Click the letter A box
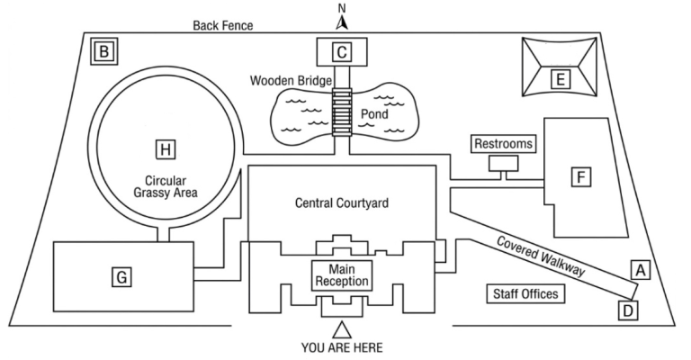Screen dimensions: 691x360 click(x=641, y=269)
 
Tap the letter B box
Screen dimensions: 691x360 click(x=104, y=51)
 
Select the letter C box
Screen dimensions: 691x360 click(x=342, y=52)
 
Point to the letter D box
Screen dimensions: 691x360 click(x=628, y=310)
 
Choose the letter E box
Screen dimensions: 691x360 click(x=561, y=79)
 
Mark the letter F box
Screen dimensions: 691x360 click(x=581, y=177)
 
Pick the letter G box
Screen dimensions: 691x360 click(x=121, y=277)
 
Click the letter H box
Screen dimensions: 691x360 click(x=166, y=149)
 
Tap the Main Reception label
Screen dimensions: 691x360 click(x=342, y=275)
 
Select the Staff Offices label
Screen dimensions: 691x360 click(x=525, y=294)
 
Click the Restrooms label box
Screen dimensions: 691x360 click(x=504, y=144)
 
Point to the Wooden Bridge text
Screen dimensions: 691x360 click(x=291, y=81)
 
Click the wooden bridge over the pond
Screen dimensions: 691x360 click(x=342, y=112)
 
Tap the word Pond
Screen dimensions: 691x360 click(x=374, y=114)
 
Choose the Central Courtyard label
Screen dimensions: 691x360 click(x=342, y=203)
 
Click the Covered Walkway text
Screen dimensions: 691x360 click(x=541, y=256)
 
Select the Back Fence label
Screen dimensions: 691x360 click(x=223, y=25)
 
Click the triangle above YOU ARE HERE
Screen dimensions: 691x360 click(x=342, y=330)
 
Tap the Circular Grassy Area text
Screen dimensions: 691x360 click(x=166, y=187)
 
